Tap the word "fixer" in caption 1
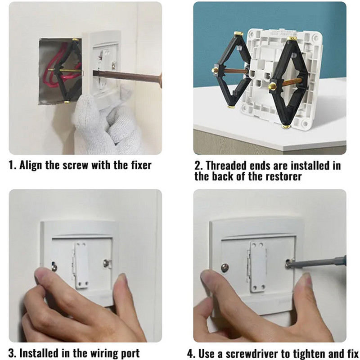point(141,165)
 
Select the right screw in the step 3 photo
point(106,263)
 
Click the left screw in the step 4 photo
point(225,267)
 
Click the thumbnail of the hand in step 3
point(41,274)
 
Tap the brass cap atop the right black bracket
point(292,39)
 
